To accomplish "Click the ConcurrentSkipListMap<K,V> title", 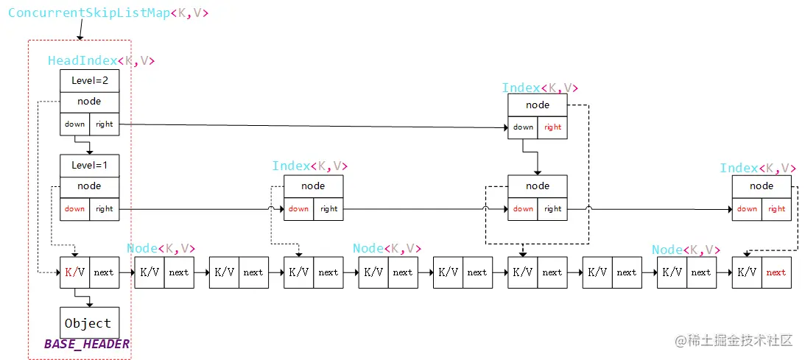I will pos(108,13).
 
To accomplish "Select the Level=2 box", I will pos(89,80).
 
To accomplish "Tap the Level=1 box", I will pos(89,165).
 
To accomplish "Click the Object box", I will pos(88,323).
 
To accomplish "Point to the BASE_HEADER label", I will pos(87,345).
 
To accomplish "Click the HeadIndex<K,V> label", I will pos(101,61).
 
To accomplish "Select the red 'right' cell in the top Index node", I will pos(553,127).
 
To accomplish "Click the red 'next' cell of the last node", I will pos(776,272).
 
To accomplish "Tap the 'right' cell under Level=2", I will pos(105,124).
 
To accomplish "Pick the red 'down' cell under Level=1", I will pos(74,208).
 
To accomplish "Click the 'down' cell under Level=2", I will pos(74,124).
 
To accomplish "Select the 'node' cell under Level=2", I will pos(89,102).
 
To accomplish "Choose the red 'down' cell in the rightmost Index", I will pos(747,208).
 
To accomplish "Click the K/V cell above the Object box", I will pos(74,272).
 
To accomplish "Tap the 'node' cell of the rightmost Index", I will pos(762,186).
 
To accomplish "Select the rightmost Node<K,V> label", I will pos(686,250).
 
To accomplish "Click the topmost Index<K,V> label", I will pos(540,88).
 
